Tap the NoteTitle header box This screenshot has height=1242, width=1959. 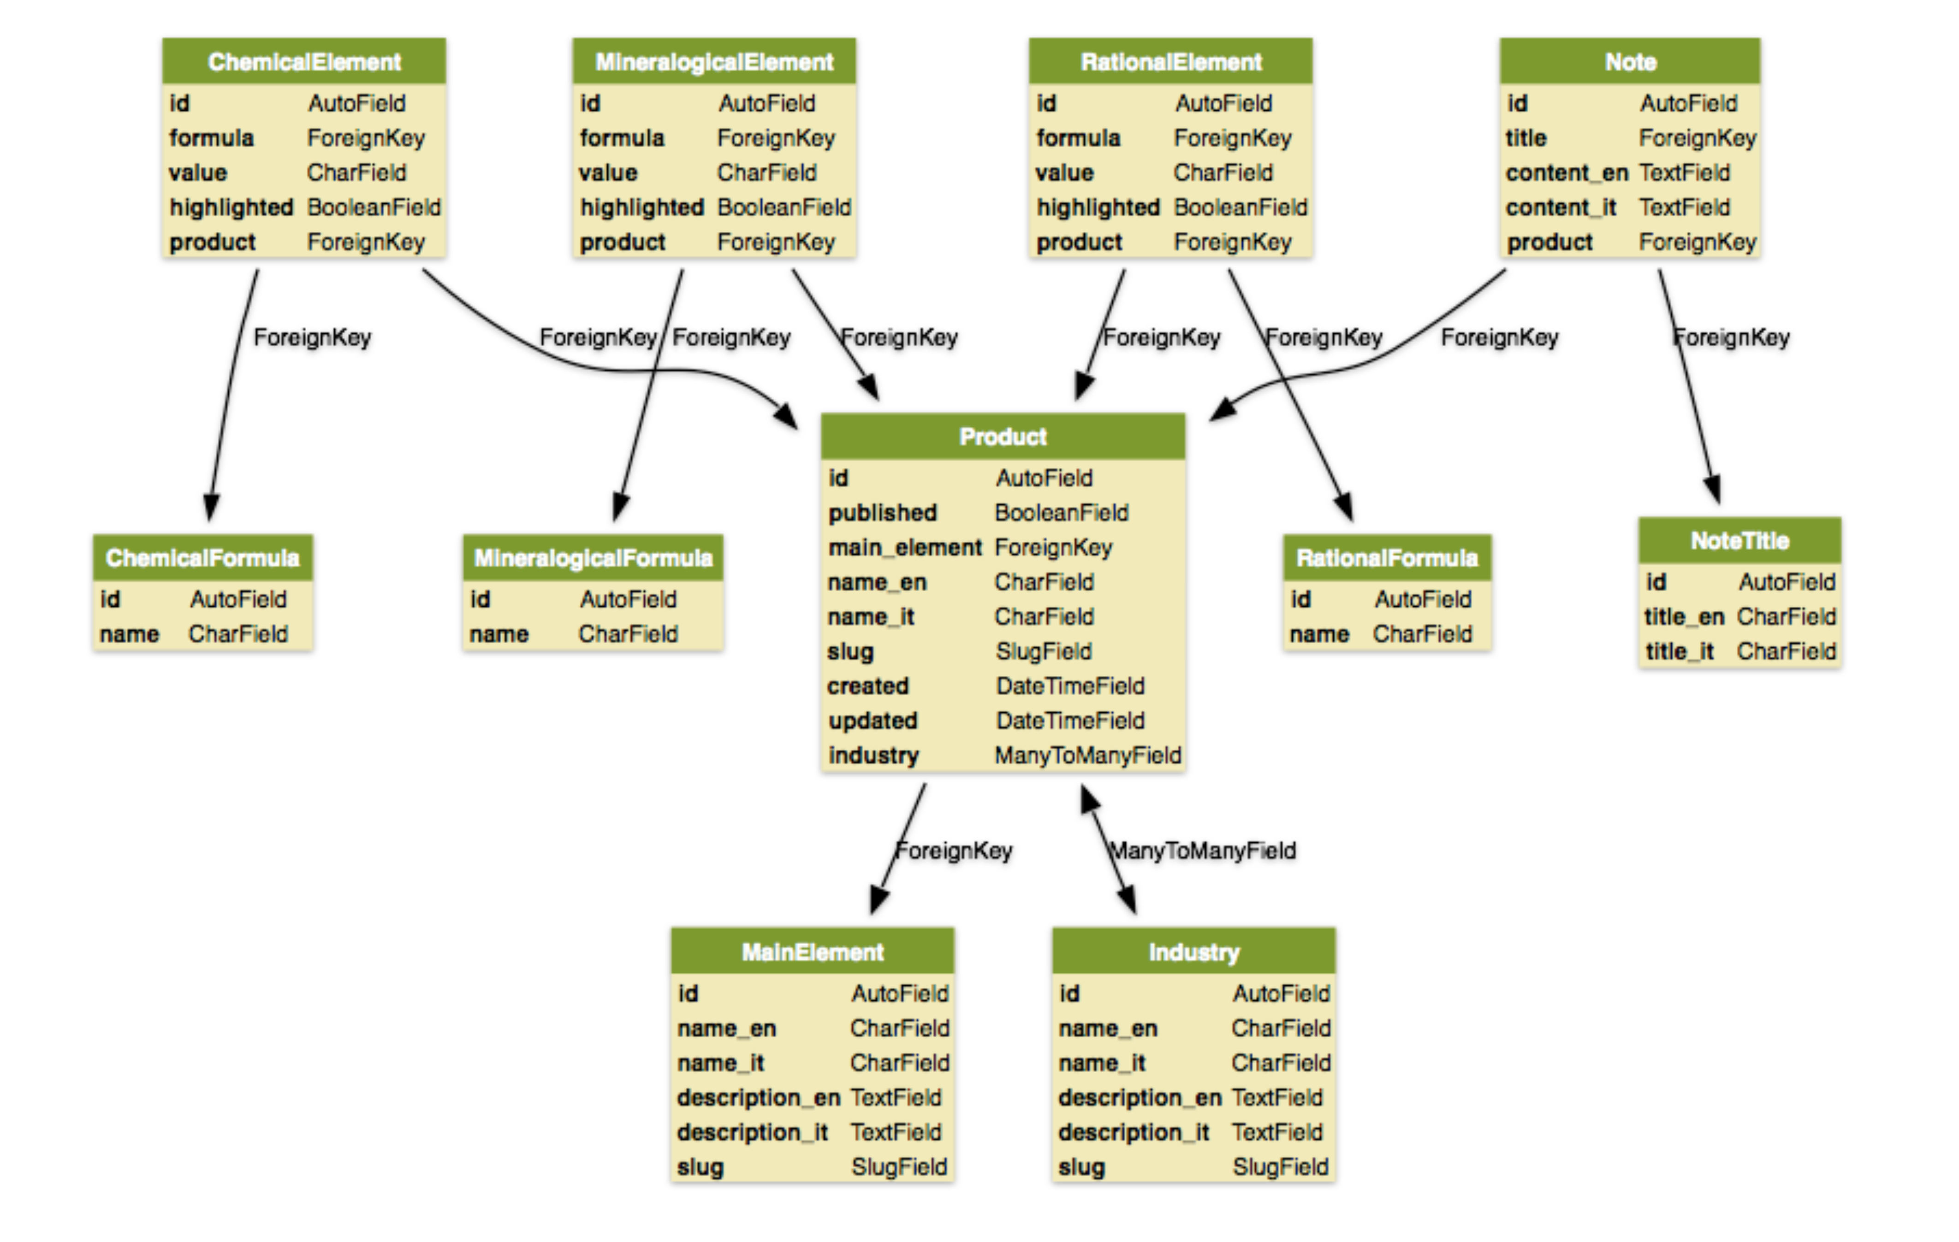(x=1739, y=541)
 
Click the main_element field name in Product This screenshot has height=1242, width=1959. (x=905, y=547)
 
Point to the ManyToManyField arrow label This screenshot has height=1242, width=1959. (x=1202, y=851)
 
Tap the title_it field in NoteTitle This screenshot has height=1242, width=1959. (x=1679, y=651)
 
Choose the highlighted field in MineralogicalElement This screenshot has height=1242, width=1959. (x=641, y=207)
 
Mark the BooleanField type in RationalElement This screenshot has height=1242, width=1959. (x=1240, y=207)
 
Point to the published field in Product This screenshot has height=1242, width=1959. (x=883, y=512)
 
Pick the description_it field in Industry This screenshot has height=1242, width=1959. (x=1133, y=1132)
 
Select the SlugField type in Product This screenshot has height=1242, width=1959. (x=1043, y=651)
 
